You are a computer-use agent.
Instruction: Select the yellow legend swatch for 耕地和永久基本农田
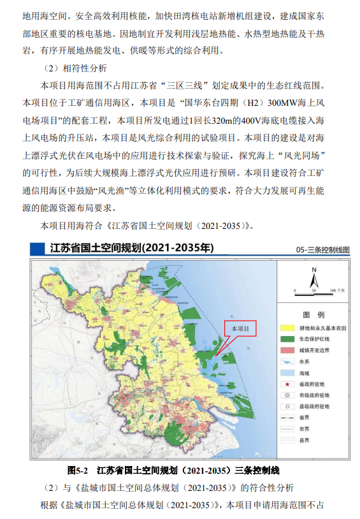[x=288, y=328]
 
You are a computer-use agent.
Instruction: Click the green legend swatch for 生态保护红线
[x=288, y=339]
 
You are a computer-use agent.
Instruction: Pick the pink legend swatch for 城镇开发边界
[x=288, y=351]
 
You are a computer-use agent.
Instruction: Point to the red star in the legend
[x=288, y=384]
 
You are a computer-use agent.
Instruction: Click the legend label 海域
[x=305, y=373]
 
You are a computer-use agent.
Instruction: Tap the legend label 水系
[x=305, y=362]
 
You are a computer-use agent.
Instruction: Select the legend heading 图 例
[x=313, y=315]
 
